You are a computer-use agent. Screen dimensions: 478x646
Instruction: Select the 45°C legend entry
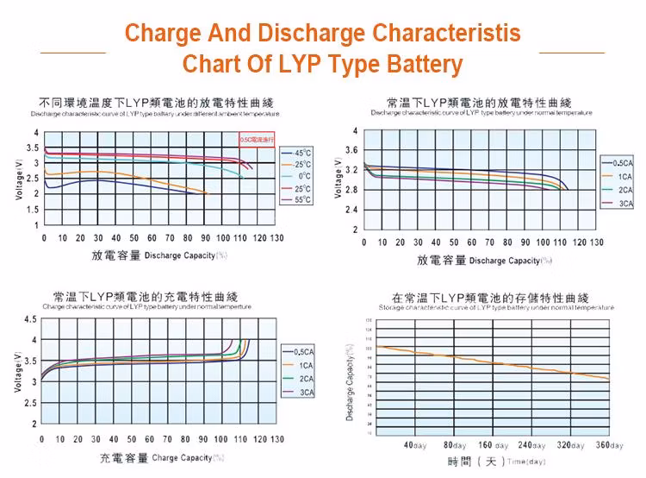(x=302, y=153)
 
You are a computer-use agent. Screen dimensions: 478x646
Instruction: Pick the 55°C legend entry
(x=302, y=200)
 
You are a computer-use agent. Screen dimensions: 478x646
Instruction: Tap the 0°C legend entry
(x=302, y=176)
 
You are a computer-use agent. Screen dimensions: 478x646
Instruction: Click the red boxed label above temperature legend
(x=258, y=139)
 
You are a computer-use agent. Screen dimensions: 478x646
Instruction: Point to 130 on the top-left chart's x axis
(x=276, y=238)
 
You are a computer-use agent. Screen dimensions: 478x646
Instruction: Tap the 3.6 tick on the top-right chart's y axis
(x=351, y=150)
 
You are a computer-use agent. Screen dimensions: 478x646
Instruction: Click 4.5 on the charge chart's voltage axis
(x=31, y=320)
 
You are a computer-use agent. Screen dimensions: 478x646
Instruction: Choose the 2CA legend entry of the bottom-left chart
(x=305, y=379)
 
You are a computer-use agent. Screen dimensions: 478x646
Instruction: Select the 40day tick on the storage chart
(x=416, y=445)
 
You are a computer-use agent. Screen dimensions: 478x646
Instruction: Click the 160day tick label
(x=493, y=445)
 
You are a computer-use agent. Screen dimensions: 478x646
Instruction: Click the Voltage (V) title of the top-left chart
(x=19, y=179)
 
